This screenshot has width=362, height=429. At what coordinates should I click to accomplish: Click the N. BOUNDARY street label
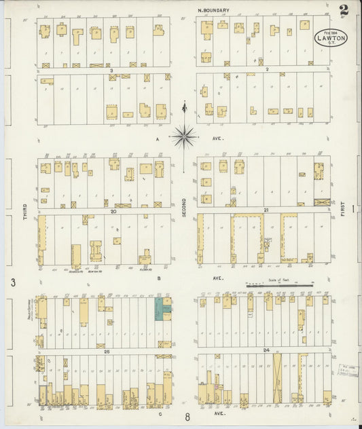click(x=213, y=10)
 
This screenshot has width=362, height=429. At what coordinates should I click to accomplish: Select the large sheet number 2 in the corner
click(x=345, y=10)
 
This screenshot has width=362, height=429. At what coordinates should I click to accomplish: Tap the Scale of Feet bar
click(x=279, y=286)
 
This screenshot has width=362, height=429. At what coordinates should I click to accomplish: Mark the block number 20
click(x=114, y=210)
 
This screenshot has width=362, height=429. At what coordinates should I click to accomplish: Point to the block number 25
click(x=107, y=352)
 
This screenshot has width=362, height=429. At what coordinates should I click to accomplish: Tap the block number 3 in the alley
click(x=110, y=69)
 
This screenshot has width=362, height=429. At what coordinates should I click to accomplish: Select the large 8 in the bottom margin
click(x=187, y=417)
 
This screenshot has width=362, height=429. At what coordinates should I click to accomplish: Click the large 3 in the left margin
click(x=12, y=282)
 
